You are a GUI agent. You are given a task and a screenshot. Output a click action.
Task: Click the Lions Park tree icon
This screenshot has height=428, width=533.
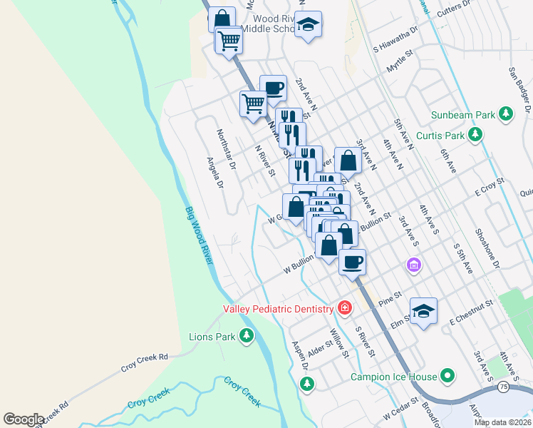(x=247, y=336)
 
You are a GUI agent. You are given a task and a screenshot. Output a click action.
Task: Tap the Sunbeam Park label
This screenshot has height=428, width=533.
(x=463, y=115)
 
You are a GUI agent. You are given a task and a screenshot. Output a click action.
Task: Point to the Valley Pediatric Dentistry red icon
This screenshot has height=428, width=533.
(x=345, y=308)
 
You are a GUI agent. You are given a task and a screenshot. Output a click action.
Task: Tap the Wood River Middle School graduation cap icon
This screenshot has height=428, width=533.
(x=308, y=25)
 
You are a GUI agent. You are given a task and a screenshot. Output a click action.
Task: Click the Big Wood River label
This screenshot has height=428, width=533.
(x=199, y=235)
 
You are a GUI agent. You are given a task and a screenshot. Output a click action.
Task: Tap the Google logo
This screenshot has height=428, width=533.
(x=24, y=419)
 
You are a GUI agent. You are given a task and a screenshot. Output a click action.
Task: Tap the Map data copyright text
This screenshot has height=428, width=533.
(x=502, y=422)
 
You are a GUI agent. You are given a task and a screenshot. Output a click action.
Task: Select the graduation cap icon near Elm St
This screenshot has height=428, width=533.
(x=423, y=311)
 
